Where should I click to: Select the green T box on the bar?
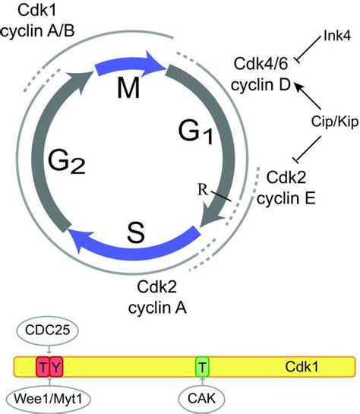[x=201, y=366]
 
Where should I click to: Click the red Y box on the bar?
[x=57, y=366]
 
